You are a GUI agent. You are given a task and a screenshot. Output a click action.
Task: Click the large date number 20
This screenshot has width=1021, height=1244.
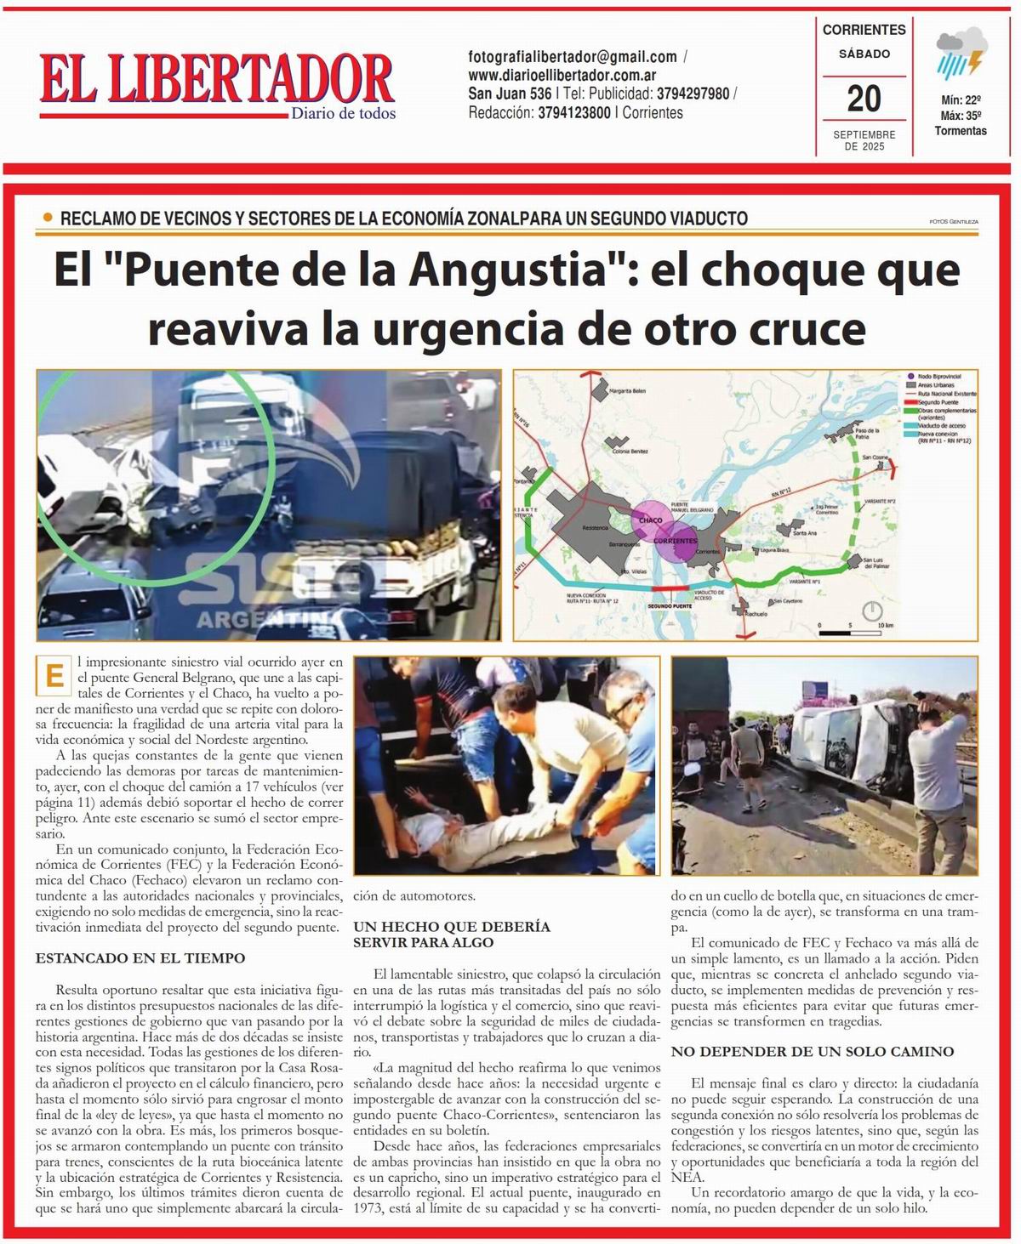(x=864, y=99)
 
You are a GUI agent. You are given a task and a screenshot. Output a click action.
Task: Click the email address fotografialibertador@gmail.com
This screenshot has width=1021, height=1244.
(x=573, y=57)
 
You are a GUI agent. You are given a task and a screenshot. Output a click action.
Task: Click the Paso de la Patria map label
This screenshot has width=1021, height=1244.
(x=866, y=433)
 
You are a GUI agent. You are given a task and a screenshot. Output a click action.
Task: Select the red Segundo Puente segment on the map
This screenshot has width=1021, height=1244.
(x=672, y=588)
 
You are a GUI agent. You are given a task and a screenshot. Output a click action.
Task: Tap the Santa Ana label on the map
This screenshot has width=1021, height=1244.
(x=804, y=533)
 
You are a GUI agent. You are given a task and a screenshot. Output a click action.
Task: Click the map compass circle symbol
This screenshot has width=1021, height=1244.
(x=872, y=611)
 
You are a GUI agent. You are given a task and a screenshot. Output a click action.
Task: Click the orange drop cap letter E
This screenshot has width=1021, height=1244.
(x=55, y=677)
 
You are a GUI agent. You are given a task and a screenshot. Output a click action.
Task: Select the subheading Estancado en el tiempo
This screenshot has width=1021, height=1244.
(x=140, y=957)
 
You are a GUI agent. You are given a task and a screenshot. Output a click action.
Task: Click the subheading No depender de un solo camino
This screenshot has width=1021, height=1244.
(x=813, y=1051)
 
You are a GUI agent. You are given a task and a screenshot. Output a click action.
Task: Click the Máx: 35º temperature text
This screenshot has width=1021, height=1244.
(x=961, y=116)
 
